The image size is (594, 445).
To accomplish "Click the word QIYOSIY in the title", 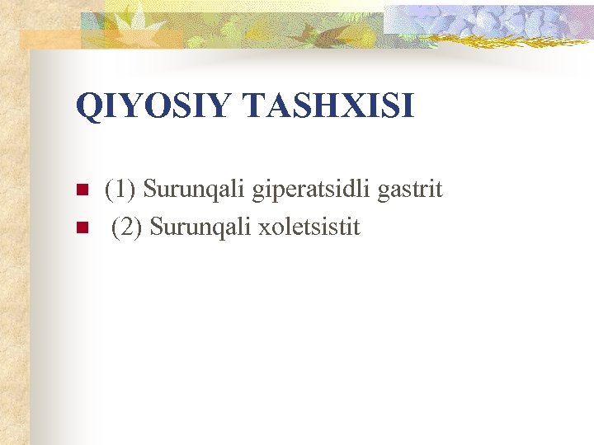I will (x=146, y=106).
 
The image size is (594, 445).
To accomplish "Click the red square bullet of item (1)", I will (x=81, y=190).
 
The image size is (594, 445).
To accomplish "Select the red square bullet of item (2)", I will (x=81, y=227).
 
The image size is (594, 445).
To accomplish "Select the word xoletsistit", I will (x=309, y=227).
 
